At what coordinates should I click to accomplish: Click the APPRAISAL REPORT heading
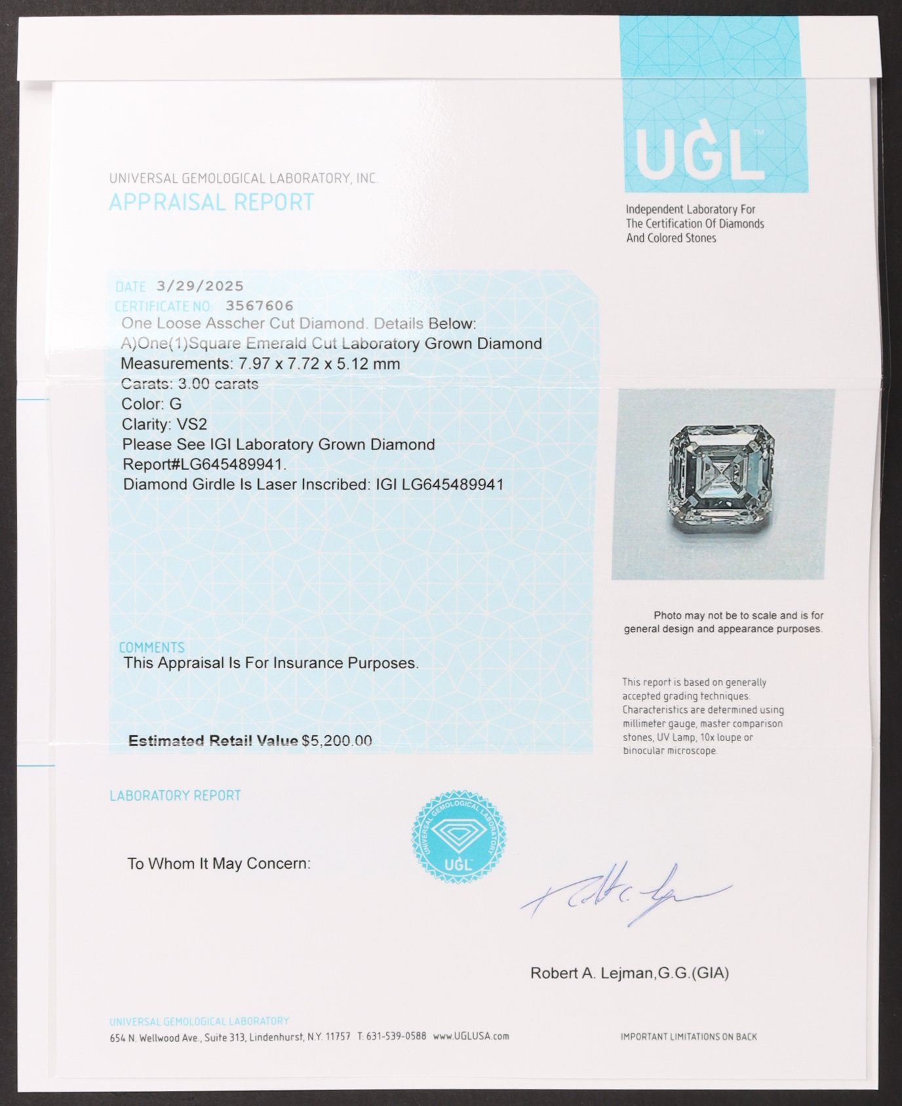211,202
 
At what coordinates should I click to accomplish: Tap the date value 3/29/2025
200,286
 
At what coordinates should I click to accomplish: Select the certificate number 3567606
260,306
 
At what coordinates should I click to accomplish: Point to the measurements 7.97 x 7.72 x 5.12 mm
316,364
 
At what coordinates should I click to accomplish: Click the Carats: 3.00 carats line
189,385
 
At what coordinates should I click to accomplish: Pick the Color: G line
151,404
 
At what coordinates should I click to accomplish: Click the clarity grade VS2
191,425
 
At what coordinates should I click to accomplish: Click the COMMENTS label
151,647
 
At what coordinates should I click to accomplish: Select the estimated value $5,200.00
336,741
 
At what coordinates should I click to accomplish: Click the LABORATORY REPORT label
175,795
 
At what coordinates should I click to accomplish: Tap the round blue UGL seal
458,836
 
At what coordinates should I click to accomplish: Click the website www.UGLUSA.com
471,1037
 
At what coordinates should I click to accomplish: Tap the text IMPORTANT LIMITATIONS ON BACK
688,1037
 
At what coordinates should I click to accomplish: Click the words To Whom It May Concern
218,864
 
